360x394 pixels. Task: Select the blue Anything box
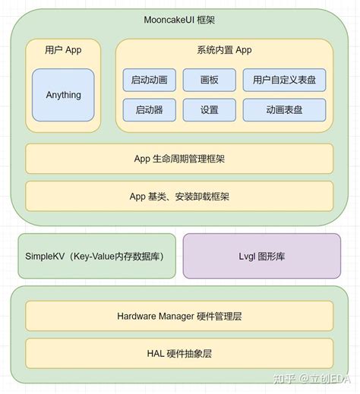pyautogui.click(x=63, y=96)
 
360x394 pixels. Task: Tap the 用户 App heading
pyautogui.click(x=63, y=50)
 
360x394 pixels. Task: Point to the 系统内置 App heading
pyautogui.click(x=224, y=50)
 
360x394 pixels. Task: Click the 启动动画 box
pyautogui.click(x=150, y=80)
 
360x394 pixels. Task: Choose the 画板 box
pyautogui.click(x=209, y=80)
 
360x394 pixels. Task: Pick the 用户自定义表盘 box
pyautogui.click(x=284, y=80)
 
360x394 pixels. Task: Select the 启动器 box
pyautogui.click(x=150, y=109)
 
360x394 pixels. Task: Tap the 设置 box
pyautogui.click(x=209, y=109)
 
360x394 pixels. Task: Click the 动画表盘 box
pyautogui.click(x=284, y=109)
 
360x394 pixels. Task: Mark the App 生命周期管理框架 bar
pyautogui.click(x=179, y=159)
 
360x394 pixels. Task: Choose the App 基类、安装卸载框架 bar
pyautogui.click(x=179, y=196)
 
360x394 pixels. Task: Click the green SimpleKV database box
pyautogui.click(x=96, y=256)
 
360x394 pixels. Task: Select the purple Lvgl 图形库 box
pyautogui.click(x=261, y=256)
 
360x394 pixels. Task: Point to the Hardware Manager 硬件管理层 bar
pyautogui.click(x=179, y=316)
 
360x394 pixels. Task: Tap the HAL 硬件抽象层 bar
pyautogui.click(x=179, y=353)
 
